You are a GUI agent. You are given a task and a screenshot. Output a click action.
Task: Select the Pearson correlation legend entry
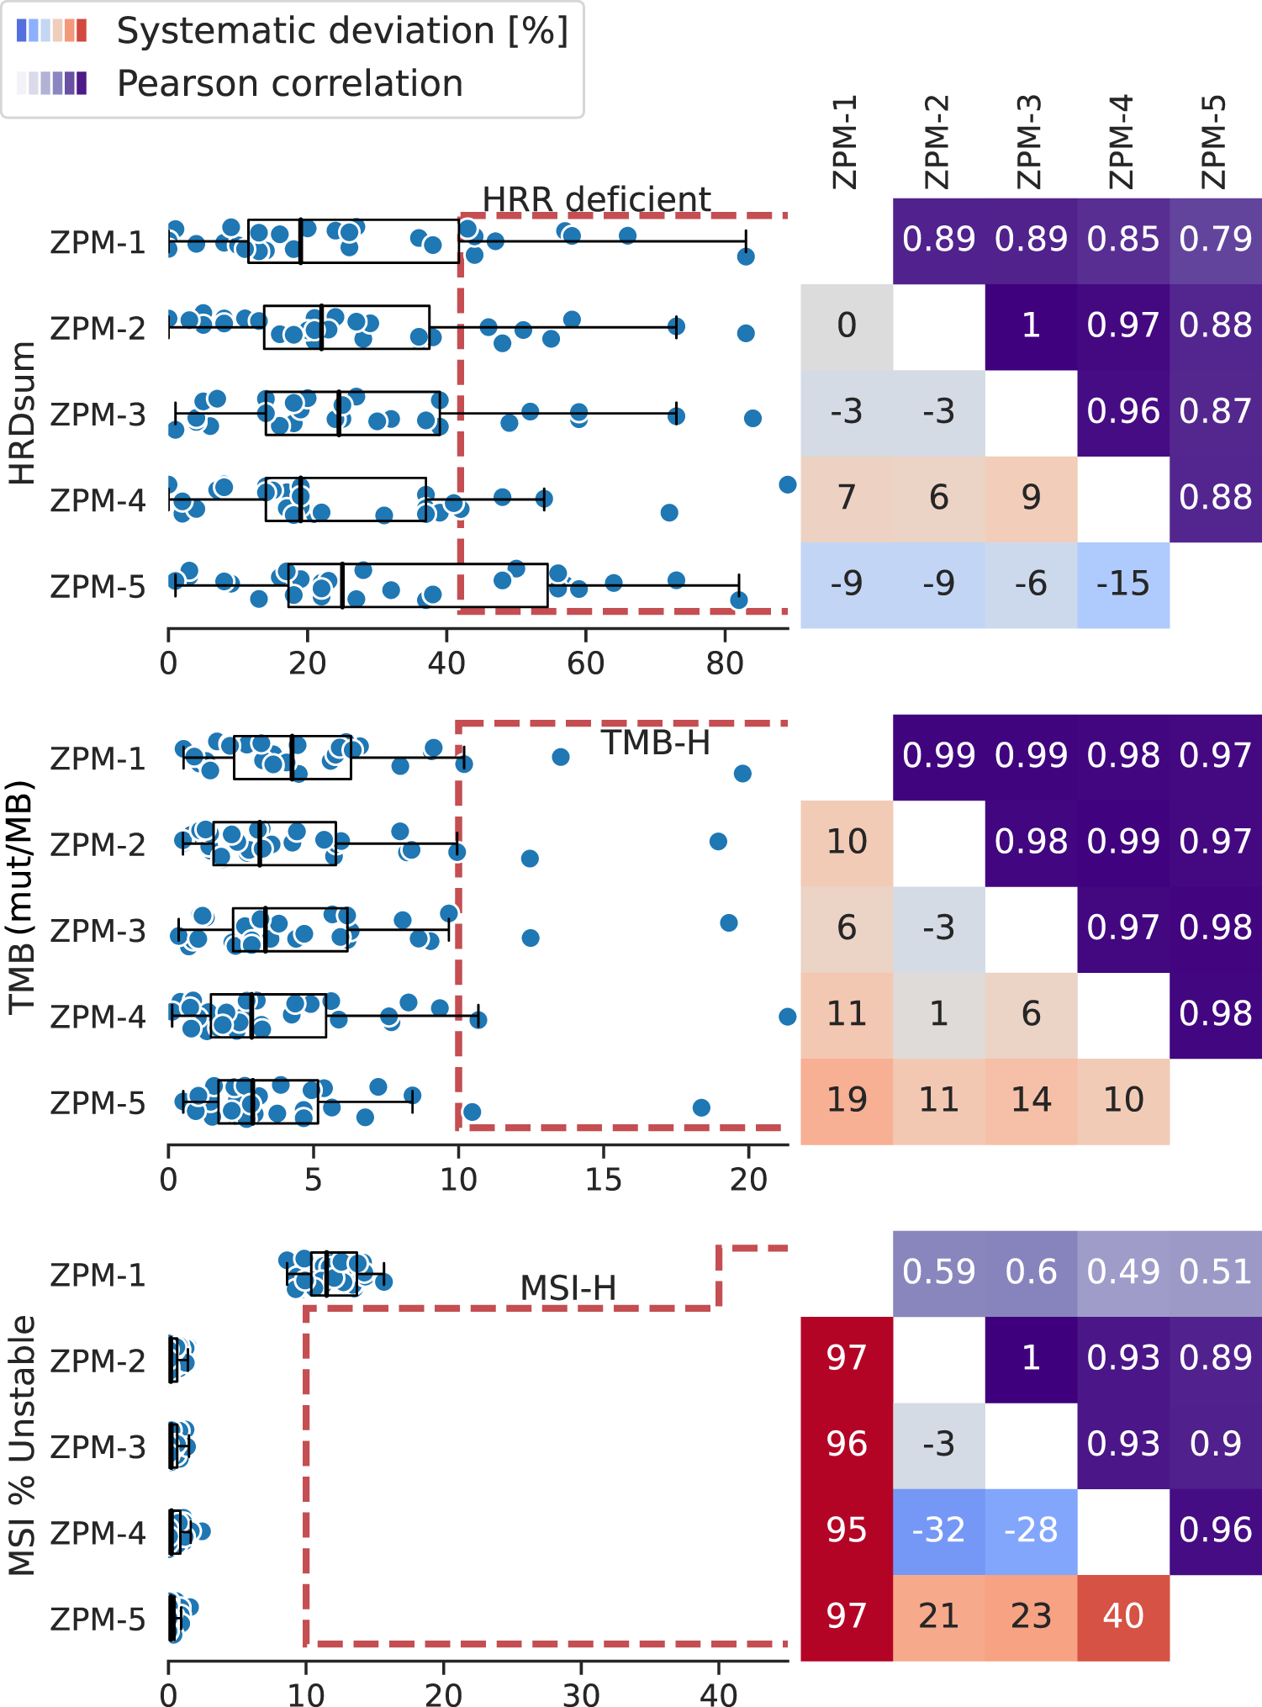(x=289, y=84)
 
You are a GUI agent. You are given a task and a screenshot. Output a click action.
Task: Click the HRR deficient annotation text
(x=596, y=199)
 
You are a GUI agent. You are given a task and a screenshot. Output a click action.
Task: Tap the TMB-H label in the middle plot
(x=655, y=743)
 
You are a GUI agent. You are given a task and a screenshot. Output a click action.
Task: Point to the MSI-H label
(x=568, y=1288)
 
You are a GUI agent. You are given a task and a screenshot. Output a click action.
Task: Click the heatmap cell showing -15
(x=1123, y=584)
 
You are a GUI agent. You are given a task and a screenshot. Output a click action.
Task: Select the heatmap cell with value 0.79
(x=1215, y=240)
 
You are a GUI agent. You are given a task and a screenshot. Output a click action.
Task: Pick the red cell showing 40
(x=1123, y=1616)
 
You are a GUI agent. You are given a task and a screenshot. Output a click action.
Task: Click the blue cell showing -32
(x=938, y=1530)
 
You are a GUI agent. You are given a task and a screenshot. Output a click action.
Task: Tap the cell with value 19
(x=847, y=1100)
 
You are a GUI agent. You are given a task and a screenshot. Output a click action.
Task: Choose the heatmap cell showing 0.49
(x=1123, y=1272)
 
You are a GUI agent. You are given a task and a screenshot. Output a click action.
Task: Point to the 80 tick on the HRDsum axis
(x=724, y=664)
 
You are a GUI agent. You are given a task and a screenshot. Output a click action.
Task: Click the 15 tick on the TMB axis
(x=603, y=1181)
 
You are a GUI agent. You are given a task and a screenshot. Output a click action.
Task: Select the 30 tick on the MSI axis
(x=581, y=1694)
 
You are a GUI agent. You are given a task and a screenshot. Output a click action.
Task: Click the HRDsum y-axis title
(x=23, y=413)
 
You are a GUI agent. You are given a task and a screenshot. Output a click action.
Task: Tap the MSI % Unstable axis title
(x=23, y=1445)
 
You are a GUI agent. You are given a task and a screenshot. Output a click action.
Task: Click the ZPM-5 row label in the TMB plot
(x=98, y=1103)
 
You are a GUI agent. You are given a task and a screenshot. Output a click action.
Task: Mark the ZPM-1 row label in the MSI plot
(x=98, y=1276)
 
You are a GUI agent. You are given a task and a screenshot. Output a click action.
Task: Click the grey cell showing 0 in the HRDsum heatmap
(x=847, y=326)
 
